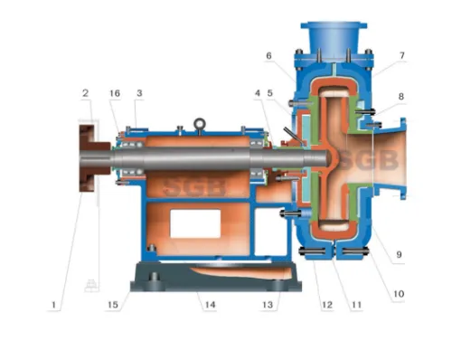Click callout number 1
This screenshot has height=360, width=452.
[53, 305]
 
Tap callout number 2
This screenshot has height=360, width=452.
[86, 93]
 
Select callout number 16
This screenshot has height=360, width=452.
[115, 93]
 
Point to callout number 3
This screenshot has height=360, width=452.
[139, 93]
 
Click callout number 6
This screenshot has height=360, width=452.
[268, 55]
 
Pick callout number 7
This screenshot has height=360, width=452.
[402, 55]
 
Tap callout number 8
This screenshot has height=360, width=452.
[401, 97]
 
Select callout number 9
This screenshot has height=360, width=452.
[399, 254]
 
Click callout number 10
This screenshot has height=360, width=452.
[399, 294]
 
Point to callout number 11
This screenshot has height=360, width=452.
[356, 305]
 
